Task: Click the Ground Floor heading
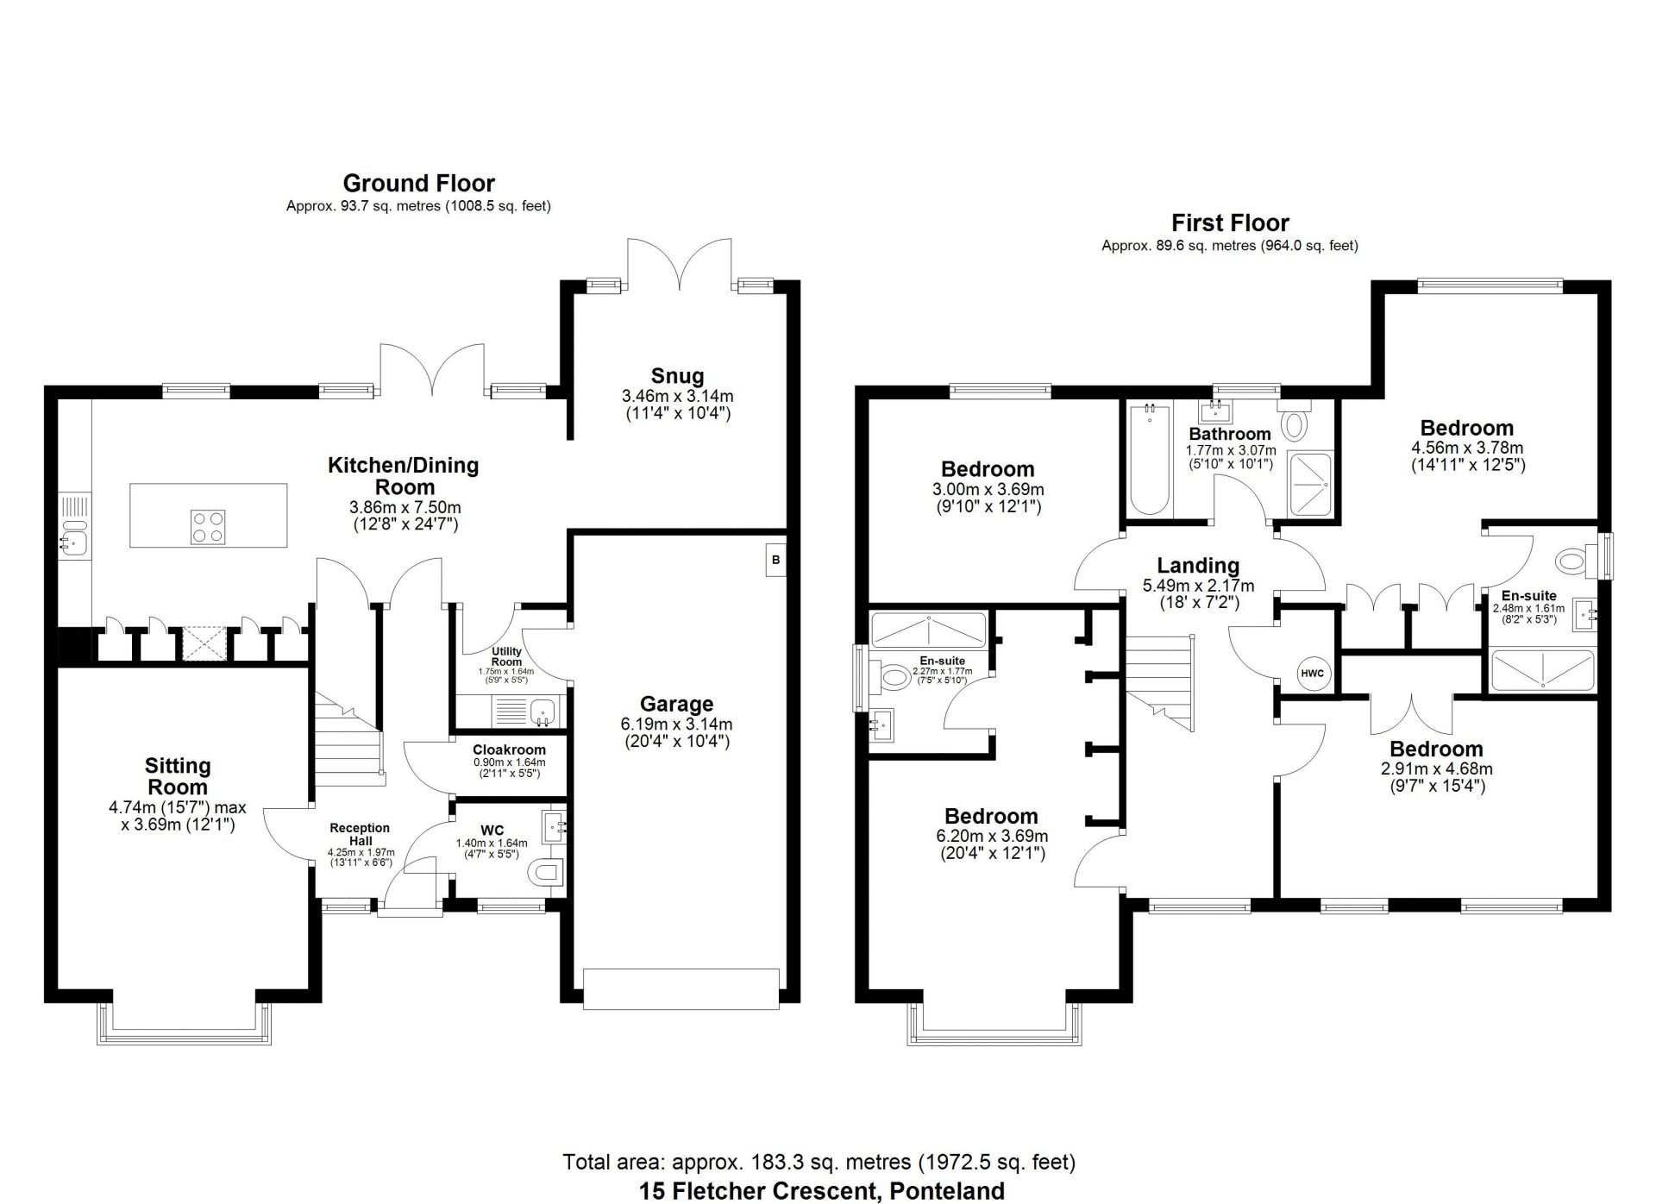point(418,183)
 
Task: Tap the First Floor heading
point(1229,223)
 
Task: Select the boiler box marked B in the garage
point(775,560)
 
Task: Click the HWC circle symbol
point(1312,674)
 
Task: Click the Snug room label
point(677,376)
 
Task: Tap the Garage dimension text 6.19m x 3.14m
point(677,724)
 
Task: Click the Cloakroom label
point(509,749)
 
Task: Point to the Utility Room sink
point(543,712)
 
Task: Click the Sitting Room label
point(178,776)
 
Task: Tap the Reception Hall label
point(360,834)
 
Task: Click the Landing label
point(1198,566)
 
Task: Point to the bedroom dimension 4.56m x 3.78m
point(1466,448)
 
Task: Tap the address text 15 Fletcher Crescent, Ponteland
point(821,1191)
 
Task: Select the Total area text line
point(819,1162)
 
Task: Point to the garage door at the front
point(681,988)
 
